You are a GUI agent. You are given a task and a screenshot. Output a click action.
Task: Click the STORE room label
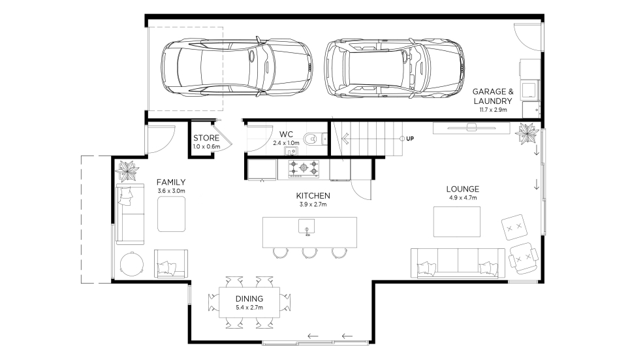click(x=206, y=138)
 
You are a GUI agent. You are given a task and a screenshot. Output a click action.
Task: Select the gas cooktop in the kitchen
click(x=304, y=169)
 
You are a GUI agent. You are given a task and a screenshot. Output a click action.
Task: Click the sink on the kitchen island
click(x=307, y=227)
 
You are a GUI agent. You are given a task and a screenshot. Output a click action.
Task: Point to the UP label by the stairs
click(x=410, y=139)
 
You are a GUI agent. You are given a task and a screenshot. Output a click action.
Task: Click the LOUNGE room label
click(x=462, y=189)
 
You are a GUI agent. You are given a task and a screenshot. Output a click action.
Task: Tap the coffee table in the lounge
click(x=457, y=221)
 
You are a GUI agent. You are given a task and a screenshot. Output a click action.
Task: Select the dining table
click(x=249, y=303)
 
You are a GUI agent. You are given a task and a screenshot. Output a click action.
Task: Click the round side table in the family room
click(x=132, y=264)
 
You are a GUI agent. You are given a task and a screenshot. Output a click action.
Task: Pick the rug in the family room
click(x=172, y=214)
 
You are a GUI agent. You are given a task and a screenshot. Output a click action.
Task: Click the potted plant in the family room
click(x=127, y=171)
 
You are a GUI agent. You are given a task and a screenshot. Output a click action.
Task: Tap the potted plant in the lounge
click(x=527, y=133)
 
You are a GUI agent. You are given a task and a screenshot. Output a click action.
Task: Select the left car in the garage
click(x=237, y=67)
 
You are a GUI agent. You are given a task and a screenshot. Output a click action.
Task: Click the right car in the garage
click(x=394, y=69)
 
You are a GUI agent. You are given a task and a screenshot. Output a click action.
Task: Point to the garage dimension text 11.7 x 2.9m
click(x=493, y=110)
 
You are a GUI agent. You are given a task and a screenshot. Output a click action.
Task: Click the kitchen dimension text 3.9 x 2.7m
click(x=313, y=205)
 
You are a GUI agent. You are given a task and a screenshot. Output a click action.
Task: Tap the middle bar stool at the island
click(x=309, y=253)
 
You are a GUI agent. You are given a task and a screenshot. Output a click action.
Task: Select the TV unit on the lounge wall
click(x=472, y=128)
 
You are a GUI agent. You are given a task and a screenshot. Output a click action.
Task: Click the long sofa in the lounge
click(x=458, y=263)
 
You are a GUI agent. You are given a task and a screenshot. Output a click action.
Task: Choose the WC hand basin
click(x=291, y=151)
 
